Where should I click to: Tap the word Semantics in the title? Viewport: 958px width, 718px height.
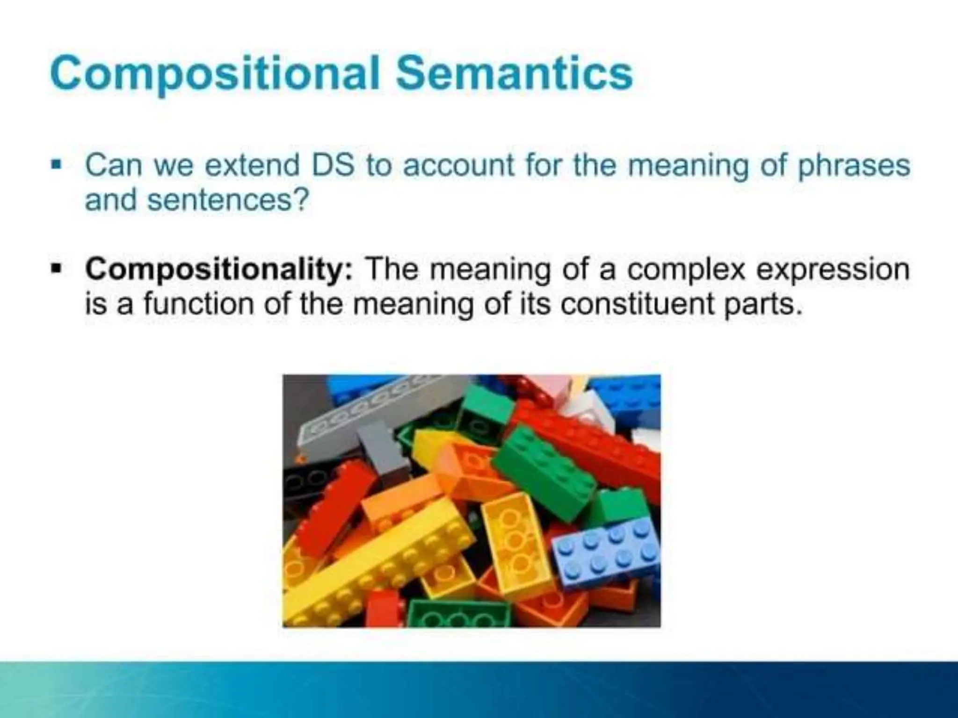(x=514, y=74)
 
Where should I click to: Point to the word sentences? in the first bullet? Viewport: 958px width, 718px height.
(x=228, y=201)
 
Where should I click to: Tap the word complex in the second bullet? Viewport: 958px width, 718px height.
(x=685, y=271)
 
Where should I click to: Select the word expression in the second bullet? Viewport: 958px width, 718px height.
(x=833, y=271)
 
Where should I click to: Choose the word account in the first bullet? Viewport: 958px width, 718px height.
(x=458, y=165)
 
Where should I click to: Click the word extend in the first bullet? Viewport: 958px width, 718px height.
(x=252, y=165)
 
